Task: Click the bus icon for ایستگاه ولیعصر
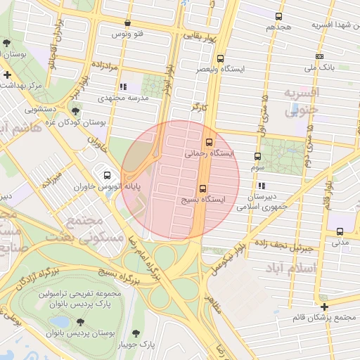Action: click(x=221, y=59)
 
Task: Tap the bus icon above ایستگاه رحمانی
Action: click(x=207, y=141)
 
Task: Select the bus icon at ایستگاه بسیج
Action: click(x=203, y=188)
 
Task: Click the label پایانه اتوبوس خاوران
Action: click(x=109, y=188)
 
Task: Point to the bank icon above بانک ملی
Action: click(x=320, y=56)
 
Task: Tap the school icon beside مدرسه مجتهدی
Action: click(x=123, y=87)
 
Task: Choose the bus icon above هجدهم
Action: click(x=279, y=16)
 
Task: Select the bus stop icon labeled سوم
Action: click(x=257, y=156)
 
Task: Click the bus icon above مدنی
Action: click(x=340, y=231)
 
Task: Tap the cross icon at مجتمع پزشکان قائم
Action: click(x=323, y=307)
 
